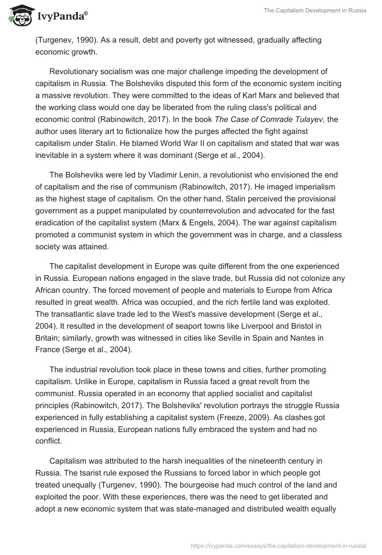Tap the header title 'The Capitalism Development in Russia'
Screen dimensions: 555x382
pos(315,11)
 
